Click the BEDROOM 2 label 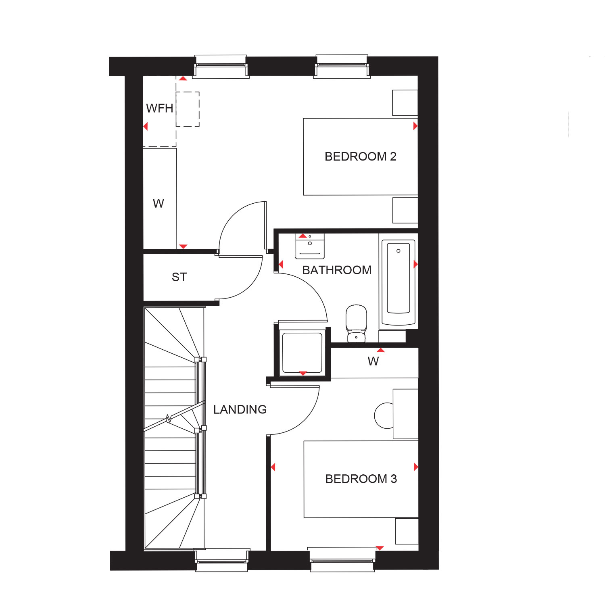point(360,156)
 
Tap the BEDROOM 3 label point(361,479)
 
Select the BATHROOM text point(337,270)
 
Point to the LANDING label point(240,409)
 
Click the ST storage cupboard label point(179,277)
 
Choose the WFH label point(159,108)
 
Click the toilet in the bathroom point(356,323)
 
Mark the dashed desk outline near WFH point(188,109)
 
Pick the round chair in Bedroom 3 point(383,415)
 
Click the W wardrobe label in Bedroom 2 point(159,203)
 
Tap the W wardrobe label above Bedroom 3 point(373,361)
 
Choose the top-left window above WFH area point(221,65)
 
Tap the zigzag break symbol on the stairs point(169,419)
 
